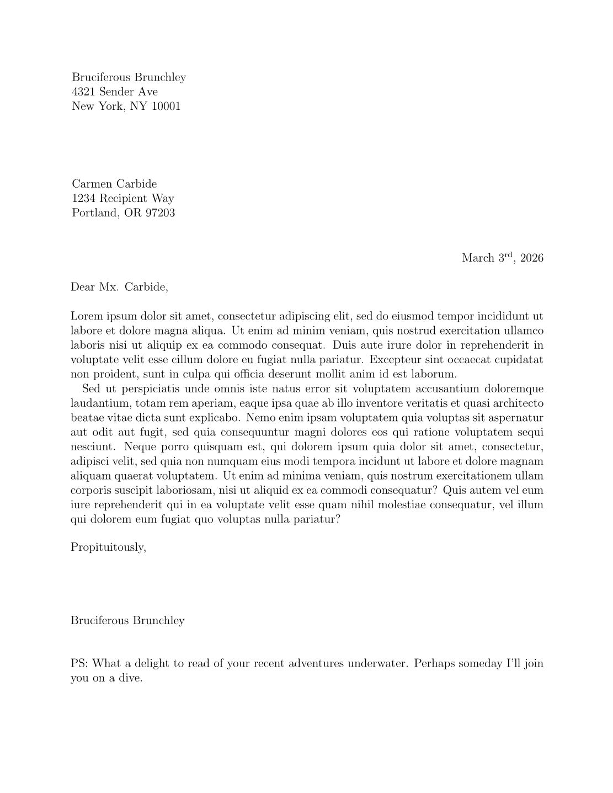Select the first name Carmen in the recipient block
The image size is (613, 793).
pos(92,184)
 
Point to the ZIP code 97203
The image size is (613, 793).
pos(160,212)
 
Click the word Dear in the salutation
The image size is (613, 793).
pos(83,287)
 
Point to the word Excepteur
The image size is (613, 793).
pos(392,360)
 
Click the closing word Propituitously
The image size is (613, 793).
pos(108,547)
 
